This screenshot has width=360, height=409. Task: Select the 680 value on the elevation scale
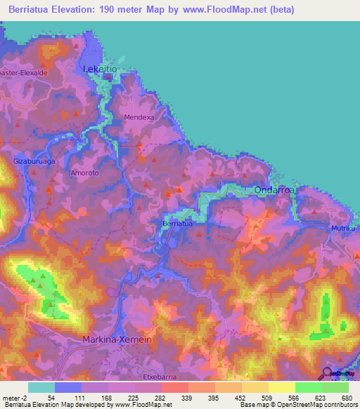(345, 398)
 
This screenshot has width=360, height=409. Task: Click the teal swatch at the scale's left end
(41, 387)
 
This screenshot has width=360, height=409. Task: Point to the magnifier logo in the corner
(328, 374)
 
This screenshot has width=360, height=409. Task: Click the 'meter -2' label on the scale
(14, 398)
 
